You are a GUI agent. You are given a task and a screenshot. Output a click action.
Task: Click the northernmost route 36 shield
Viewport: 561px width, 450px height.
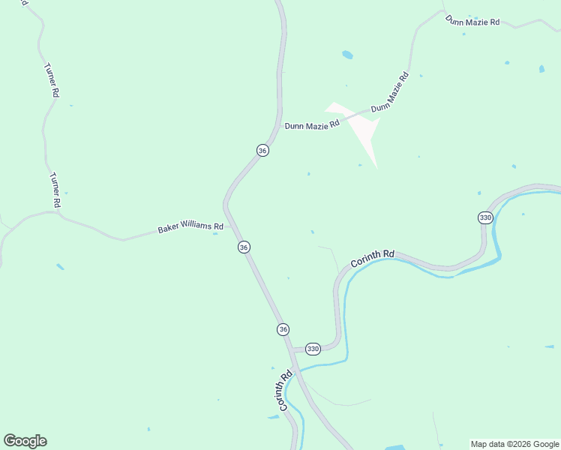tap(262, 151)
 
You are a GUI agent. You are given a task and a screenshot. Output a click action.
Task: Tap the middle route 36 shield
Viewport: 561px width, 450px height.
tap(244, 247)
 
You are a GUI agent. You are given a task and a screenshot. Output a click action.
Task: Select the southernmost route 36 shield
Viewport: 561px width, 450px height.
tap(283, 329)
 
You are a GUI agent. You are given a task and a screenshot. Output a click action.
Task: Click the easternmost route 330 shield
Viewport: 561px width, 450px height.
tap(484, 217)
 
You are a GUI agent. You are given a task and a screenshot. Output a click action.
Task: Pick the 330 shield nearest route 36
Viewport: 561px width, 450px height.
tap(313, 349)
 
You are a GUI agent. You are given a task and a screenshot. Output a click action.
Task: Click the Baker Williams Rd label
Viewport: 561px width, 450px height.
tap(190, 226)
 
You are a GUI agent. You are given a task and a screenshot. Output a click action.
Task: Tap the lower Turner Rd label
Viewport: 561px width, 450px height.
tap(55, 190)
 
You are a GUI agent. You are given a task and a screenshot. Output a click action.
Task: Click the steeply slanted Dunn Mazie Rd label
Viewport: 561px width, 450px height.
tap(390, 91)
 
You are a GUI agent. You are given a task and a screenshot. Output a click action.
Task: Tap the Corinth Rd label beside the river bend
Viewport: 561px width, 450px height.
tap(372, 259)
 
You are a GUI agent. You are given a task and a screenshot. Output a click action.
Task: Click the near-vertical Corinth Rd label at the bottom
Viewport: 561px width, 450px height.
tap(284, 391)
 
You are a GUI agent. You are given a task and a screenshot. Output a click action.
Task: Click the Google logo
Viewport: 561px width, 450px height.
tap(25, 441)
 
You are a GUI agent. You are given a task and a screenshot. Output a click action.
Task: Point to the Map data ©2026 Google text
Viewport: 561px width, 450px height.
tap(514, 444)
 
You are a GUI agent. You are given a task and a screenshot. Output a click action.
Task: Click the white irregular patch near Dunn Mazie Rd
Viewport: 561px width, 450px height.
tap(360, 127)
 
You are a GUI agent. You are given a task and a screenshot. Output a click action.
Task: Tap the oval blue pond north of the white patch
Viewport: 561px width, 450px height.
tap(347, 55)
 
